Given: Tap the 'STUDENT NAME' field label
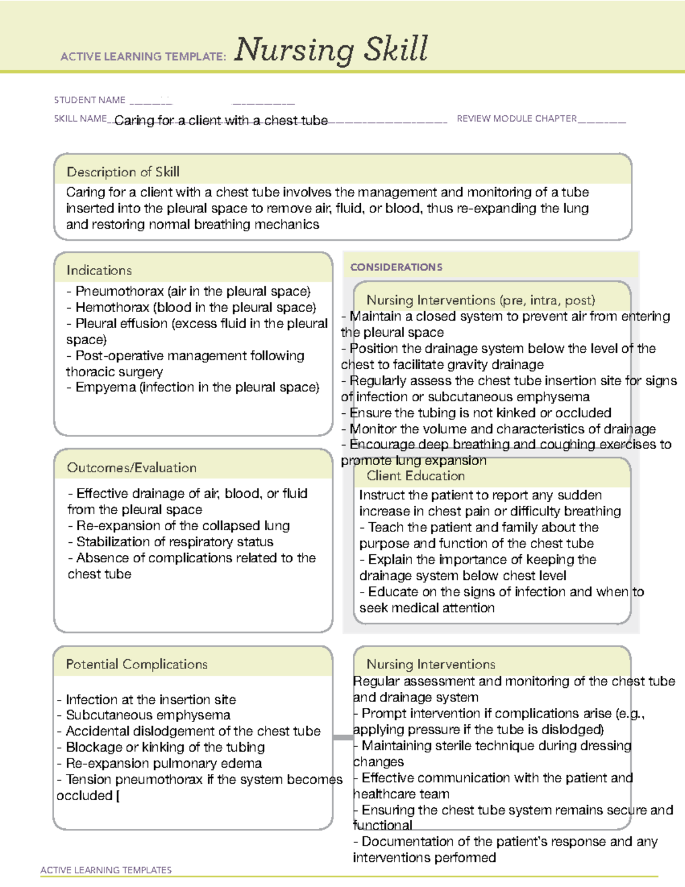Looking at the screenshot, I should click(90, 100).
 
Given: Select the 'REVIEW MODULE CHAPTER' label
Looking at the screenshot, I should click(517, 119).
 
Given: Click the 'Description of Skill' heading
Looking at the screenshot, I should click(123, 172).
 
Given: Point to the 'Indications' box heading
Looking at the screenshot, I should click(99, 270).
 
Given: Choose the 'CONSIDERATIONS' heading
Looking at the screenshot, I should click(396, 267).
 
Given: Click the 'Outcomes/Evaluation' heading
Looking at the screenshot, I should click(131, 467).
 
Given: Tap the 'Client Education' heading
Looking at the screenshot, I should click(415, 475).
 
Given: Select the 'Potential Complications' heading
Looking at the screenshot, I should click(136, 664).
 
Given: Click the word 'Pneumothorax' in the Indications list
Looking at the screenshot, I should click(119, 291).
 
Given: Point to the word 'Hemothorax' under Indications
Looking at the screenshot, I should click(112, 307).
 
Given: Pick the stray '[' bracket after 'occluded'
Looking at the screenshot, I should click(118, 796).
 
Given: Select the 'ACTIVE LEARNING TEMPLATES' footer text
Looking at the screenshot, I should click(106, 870).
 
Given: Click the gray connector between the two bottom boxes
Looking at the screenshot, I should click(343, 737).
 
